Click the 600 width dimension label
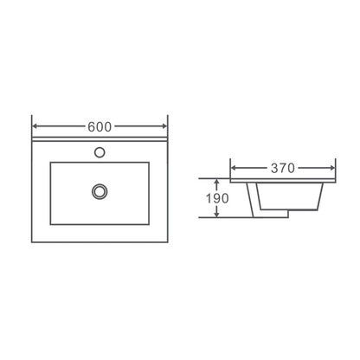click(100, 126)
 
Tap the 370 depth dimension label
click(283, 168)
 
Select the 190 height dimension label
click(217, 198)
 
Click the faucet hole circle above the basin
click(100, 152)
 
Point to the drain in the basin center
click(100, 191)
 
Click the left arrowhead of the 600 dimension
click(35, 126)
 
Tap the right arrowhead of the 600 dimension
click(164, 126)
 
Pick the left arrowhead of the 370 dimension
click(234, 168)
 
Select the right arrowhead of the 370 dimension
click(332, 168)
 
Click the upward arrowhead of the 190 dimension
click(217, 182)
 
